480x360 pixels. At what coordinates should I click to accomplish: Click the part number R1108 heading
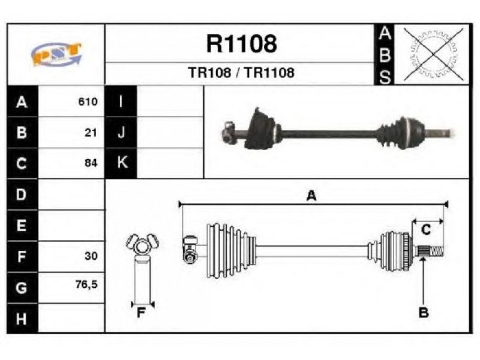[x=242, y=44]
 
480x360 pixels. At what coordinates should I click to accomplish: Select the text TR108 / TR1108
[x=241, y=73]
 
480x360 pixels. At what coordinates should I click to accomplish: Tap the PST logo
[x=56, y=54]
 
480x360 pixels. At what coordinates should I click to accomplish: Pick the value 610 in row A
[x=88, y=101]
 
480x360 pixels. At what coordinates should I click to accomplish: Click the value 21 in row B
[x=91, y=133]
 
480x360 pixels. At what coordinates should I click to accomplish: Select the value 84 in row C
[x=91, y=163]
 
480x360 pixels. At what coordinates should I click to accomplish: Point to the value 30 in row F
[x=91, y=256]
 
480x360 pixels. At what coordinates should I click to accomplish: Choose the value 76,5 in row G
[x=86, y=284]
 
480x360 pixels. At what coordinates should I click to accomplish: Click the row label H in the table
[x=22, y=319]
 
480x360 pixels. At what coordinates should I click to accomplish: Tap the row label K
[x=122, y=162]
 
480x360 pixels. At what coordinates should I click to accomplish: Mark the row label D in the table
[x=21, y=194]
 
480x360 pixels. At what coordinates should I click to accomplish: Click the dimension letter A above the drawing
[x=311, y=196]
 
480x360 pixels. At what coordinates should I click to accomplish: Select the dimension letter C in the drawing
[x=426, y=230]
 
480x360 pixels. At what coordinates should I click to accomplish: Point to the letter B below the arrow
[x=424, y=313]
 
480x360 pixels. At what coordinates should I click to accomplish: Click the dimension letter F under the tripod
[x=141, y=313]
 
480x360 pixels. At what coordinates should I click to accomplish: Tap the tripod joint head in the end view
[x=142, y=244]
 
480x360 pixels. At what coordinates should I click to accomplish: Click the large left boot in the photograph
[x=262, y=129]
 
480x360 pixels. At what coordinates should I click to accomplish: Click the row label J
[x=122, y=133]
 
